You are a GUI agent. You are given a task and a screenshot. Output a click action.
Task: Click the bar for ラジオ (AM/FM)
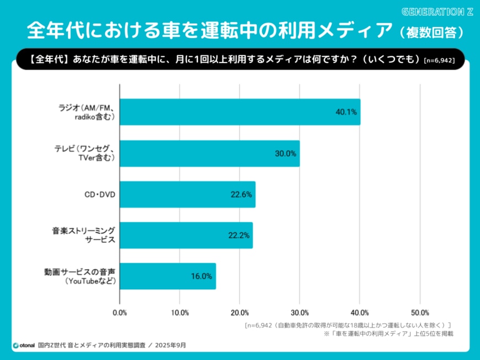(x=240, y=112)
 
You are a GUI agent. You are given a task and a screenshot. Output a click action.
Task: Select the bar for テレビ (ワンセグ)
(x=210, y=153)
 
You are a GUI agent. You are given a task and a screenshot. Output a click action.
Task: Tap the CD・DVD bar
(x=188, y=194)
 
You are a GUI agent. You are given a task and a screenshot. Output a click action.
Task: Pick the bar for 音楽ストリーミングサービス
(x=186, y=235)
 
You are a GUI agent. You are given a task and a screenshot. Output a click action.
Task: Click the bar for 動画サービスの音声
(x=168, y=276)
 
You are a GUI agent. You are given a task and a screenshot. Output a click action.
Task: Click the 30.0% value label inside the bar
(x=285, y=153)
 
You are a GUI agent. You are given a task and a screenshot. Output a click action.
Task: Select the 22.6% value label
(x=241, y=194)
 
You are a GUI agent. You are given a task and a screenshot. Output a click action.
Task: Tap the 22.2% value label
(x=239, y=235)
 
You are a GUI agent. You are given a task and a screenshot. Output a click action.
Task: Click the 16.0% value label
(x=202, y=277)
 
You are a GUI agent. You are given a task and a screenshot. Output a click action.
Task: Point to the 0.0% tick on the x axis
(x=120, y=313)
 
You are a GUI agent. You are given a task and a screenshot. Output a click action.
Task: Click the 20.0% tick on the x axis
(x=239, y=313)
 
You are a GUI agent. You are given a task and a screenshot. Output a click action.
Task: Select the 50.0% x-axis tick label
(x=420, y=313)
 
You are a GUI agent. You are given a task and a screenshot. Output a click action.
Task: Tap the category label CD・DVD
(x=100, y=194)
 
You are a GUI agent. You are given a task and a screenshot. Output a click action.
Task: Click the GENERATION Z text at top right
(x=438, y=12)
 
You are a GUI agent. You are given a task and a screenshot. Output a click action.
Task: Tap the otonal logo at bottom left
(x=23, y=346)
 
